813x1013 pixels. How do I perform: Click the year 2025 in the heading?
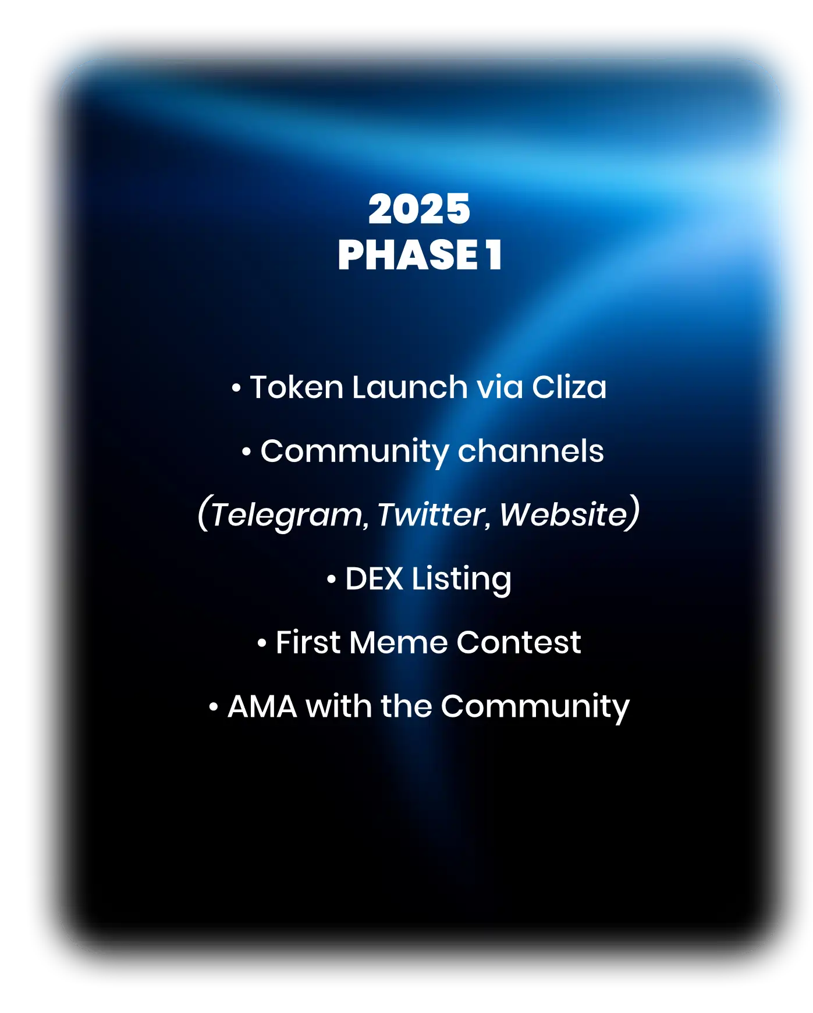[x=419, y=209]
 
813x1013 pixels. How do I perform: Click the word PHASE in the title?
[x=407, y=255]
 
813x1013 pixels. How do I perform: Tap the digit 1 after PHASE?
[x=494, y=255]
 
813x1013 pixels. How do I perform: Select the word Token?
[x=296, y=387]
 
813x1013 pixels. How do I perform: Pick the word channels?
[x=531, y=451]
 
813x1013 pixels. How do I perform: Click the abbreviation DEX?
[x=374, y=579]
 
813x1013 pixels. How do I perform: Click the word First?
[x=307, y=642]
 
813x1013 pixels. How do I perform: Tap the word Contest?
[x=519, y=642]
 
